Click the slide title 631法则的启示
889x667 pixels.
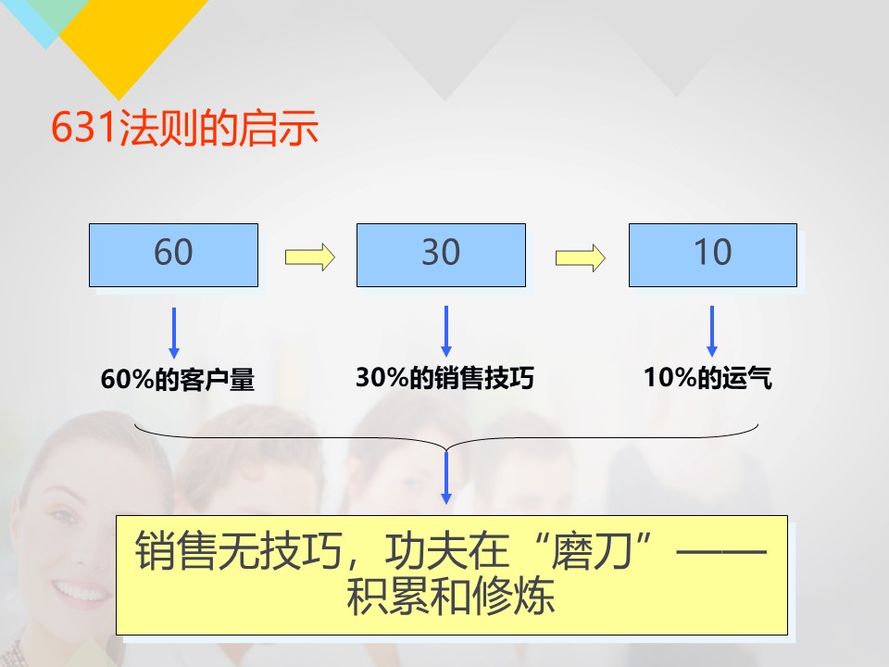(x=185, y=127)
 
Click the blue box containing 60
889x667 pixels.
(x=173, y=256)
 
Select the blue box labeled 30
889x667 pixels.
(x=441, y=256)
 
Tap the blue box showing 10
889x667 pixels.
(x=713, y=256)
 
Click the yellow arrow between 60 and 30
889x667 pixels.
(x=309, y=257)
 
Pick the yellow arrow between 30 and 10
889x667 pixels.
(x=580, y=258)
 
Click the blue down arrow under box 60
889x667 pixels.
(x=174, y=333)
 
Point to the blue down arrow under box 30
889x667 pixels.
(x=446, y=332)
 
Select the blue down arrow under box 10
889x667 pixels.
(x=712, y=332)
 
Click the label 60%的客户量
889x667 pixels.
(x=178, y=379)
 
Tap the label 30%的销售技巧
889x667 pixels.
(x=445, y=378)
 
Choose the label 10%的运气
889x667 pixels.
(x=707, y=378)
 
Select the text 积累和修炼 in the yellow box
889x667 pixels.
(x=451, y=596)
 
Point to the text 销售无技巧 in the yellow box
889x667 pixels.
(x=238, y=550)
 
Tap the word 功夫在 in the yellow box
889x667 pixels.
(x=446, y=550)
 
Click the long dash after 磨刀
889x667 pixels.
(x=721, y=550)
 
